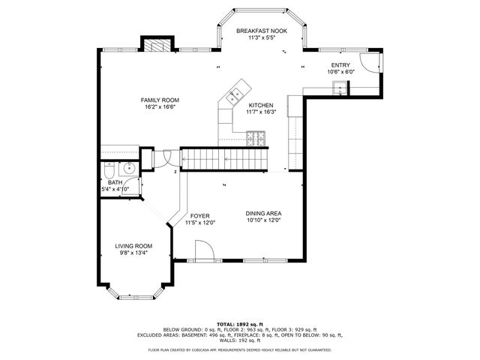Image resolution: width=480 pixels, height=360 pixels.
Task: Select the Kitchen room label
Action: point(261,106)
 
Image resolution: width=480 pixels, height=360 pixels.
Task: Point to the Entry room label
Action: point(340,65)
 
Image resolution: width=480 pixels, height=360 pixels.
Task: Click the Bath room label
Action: point(115,182)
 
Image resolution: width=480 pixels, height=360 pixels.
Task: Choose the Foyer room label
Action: point(199,216)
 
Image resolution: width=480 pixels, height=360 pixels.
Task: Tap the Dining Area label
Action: point(263,214)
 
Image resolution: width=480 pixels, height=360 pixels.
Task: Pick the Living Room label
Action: point(133,246)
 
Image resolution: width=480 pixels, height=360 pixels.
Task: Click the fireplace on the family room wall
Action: point(158,44)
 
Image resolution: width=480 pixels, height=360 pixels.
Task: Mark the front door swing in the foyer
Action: point(202,250)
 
